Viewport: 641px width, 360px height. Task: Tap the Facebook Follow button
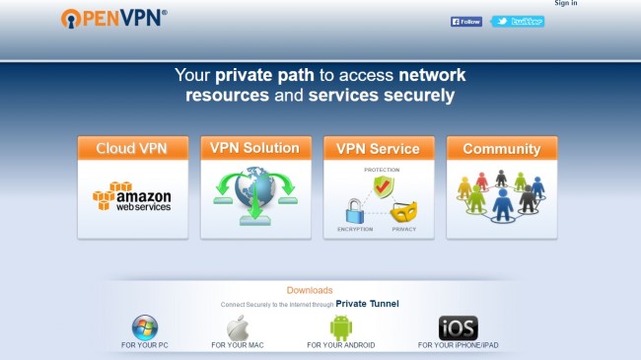[466, 21]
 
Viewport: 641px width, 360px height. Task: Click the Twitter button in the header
[518, 21]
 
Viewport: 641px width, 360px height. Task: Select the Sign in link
[566, 4]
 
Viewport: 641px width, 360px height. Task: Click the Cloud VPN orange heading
[131, 149]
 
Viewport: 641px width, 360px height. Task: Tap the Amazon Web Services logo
[132, 196]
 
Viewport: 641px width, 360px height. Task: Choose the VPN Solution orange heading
[254, 148]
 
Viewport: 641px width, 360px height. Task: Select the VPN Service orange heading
[378, 149]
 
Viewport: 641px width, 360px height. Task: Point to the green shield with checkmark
[383, 186]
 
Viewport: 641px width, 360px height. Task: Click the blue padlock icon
[355, 209]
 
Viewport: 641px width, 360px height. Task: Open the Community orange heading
[501, 149]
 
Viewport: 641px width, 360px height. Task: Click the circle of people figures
[501, 197]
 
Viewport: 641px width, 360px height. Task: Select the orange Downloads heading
[309, 290]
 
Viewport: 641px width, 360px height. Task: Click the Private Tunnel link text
[367, 305]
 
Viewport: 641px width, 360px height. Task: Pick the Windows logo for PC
[144, 327]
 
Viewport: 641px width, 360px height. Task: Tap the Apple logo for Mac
[238, 328]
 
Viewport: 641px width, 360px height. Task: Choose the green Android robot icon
[340, 327]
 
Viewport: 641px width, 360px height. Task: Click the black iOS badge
[458, 327]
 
